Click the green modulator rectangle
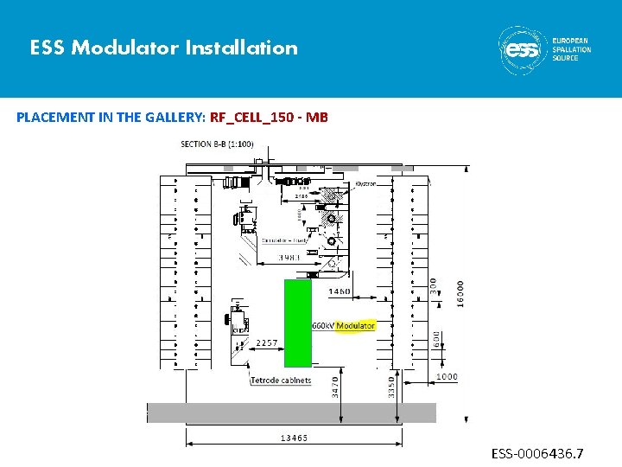298,322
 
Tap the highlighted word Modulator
355,326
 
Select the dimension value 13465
293,438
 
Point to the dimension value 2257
267,343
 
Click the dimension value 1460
340,291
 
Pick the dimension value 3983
289,258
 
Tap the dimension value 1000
447,377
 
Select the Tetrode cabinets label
281,381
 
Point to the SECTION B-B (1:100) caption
217,144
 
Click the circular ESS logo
521,48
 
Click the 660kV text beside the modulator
322,326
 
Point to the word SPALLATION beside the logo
571,49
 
